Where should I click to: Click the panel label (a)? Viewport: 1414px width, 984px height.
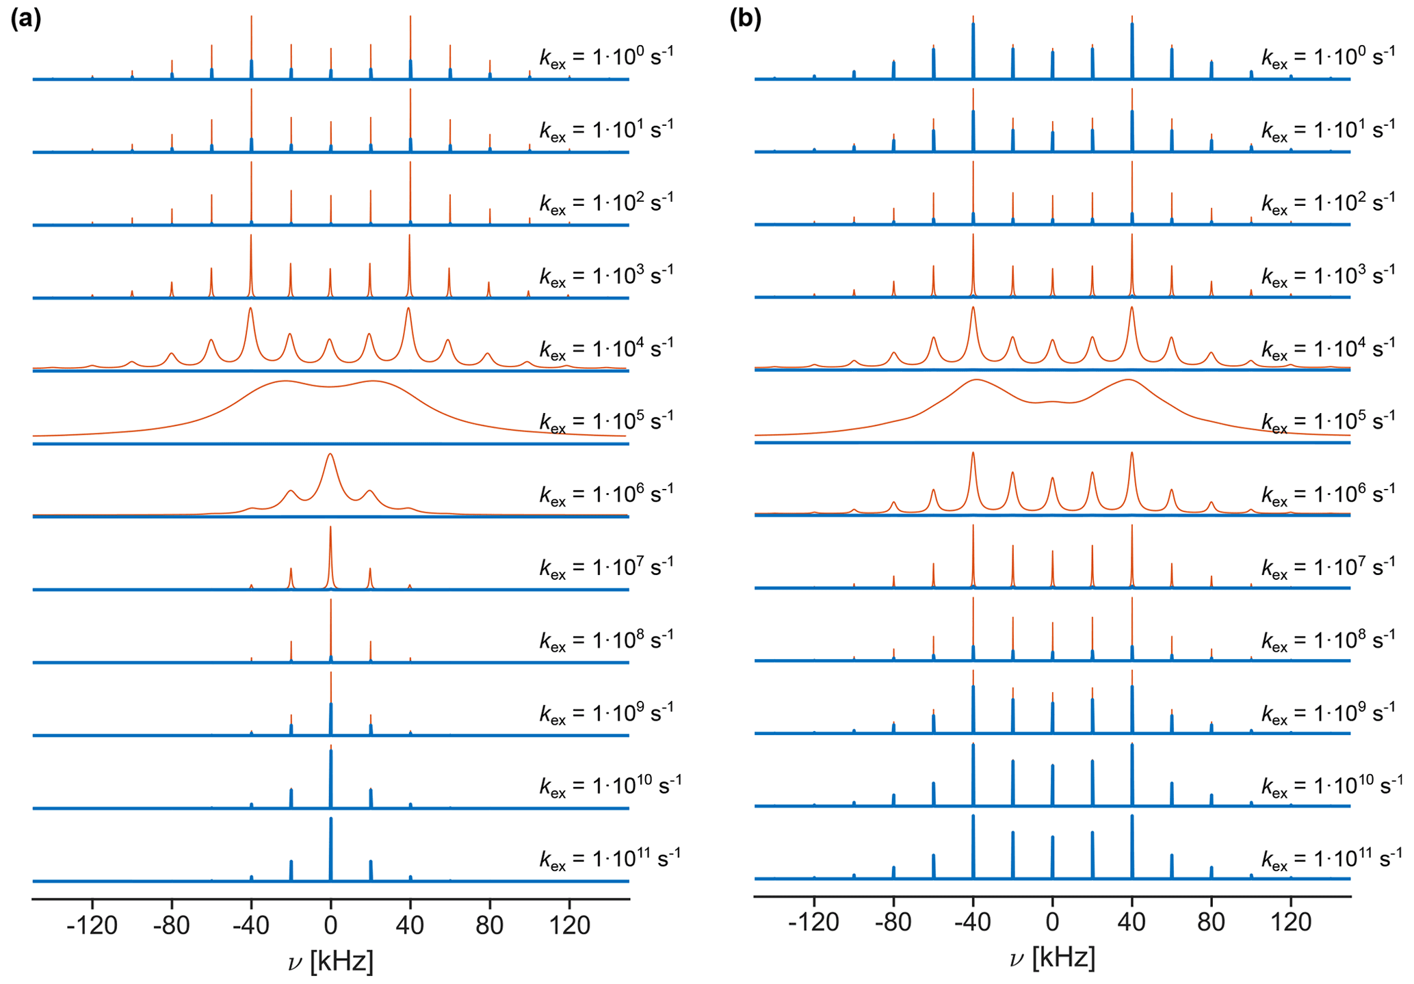26,18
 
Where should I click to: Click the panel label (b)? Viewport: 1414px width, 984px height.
745,18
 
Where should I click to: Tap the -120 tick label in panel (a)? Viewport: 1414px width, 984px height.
92,925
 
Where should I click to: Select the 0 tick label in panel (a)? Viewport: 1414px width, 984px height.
330,925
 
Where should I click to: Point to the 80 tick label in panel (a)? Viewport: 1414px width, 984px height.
489,925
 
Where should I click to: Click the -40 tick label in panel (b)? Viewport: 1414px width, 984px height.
972,922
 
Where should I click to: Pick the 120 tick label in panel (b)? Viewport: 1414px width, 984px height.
1291,922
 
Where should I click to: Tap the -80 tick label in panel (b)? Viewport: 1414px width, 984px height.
893,922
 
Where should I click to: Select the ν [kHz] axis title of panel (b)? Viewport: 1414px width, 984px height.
1052,958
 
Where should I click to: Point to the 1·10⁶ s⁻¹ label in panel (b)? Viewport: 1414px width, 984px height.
1328,494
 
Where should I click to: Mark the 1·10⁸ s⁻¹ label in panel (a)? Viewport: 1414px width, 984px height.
606,641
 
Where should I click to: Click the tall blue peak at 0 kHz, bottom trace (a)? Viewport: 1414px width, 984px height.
331,848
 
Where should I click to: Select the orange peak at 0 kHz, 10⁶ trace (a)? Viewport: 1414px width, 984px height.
330,457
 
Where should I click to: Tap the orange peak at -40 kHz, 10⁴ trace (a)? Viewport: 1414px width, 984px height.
251,311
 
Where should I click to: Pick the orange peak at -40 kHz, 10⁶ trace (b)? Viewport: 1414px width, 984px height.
973,455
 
